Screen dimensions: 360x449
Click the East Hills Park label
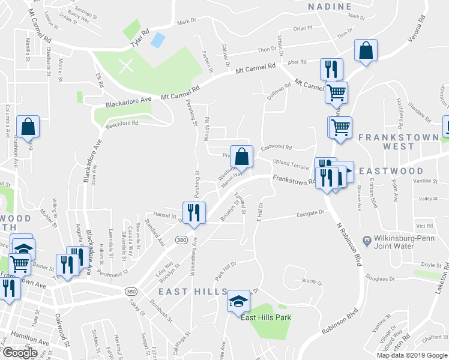tap(266, 317)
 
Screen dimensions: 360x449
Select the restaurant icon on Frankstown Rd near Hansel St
tap(193, 214)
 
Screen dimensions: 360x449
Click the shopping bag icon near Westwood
tap(241, 157)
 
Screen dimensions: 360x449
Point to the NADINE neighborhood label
tap(330, 7)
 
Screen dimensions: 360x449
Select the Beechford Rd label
tap(123, 123)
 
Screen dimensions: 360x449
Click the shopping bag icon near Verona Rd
tap(366, 52)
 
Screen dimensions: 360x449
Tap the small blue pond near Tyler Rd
tap(158, 41)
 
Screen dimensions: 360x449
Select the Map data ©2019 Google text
tap(412, 355)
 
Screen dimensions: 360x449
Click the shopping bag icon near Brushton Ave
tap(28, 127)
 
